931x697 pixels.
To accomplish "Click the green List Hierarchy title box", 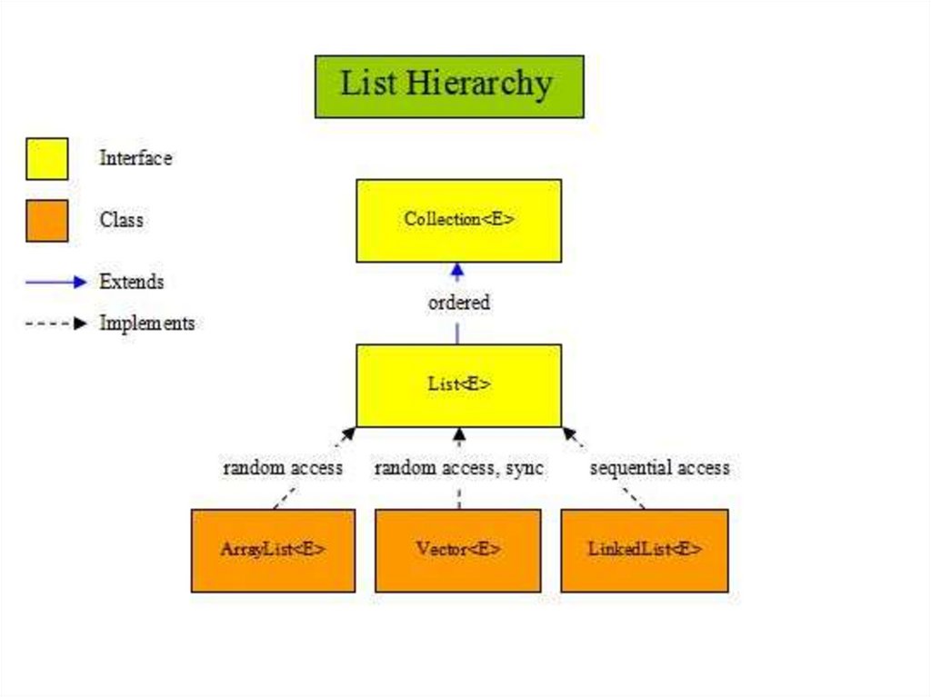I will (449, 85).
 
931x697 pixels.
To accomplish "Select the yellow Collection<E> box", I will (458, 220).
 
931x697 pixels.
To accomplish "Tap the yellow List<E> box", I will (458, 384).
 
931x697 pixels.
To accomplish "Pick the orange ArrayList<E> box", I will (273, 550).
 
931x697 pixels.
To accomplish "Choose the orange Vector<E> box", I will (458, 550).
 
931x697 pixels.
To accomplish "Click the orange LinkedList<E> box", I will (645, 550).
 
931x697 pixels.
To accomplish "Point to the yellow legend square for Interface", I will (46, 158).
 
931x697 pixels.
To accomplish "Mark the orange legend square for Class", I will (46, 220).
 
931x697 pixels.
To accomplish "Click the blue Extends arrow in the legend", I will (55, 282).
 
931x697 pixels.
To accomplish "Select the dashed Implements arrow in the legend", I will (55, 323).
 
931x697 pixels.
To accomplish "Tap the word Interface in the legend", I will (135, 158).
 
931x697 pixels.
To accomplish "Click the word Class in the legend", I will (121, 220).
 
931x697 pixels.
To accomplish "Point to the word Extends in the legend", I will (132, 282).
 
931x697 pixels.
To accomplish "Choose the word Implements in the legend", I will (146, 323).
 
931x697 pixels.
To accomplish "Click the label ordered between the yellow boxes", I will (458, 303).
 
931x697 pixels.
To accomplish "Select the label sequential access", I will (659, 468).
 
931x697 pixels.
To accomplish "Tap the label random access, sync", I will (458, 468).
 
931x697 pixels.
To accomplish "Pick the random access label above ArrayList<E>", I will (283, 468).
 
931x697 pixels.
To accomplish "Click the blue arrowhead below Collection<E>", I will (458, 270).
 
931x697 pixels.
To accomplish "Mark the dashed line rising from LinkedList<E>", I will (631, 498).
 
